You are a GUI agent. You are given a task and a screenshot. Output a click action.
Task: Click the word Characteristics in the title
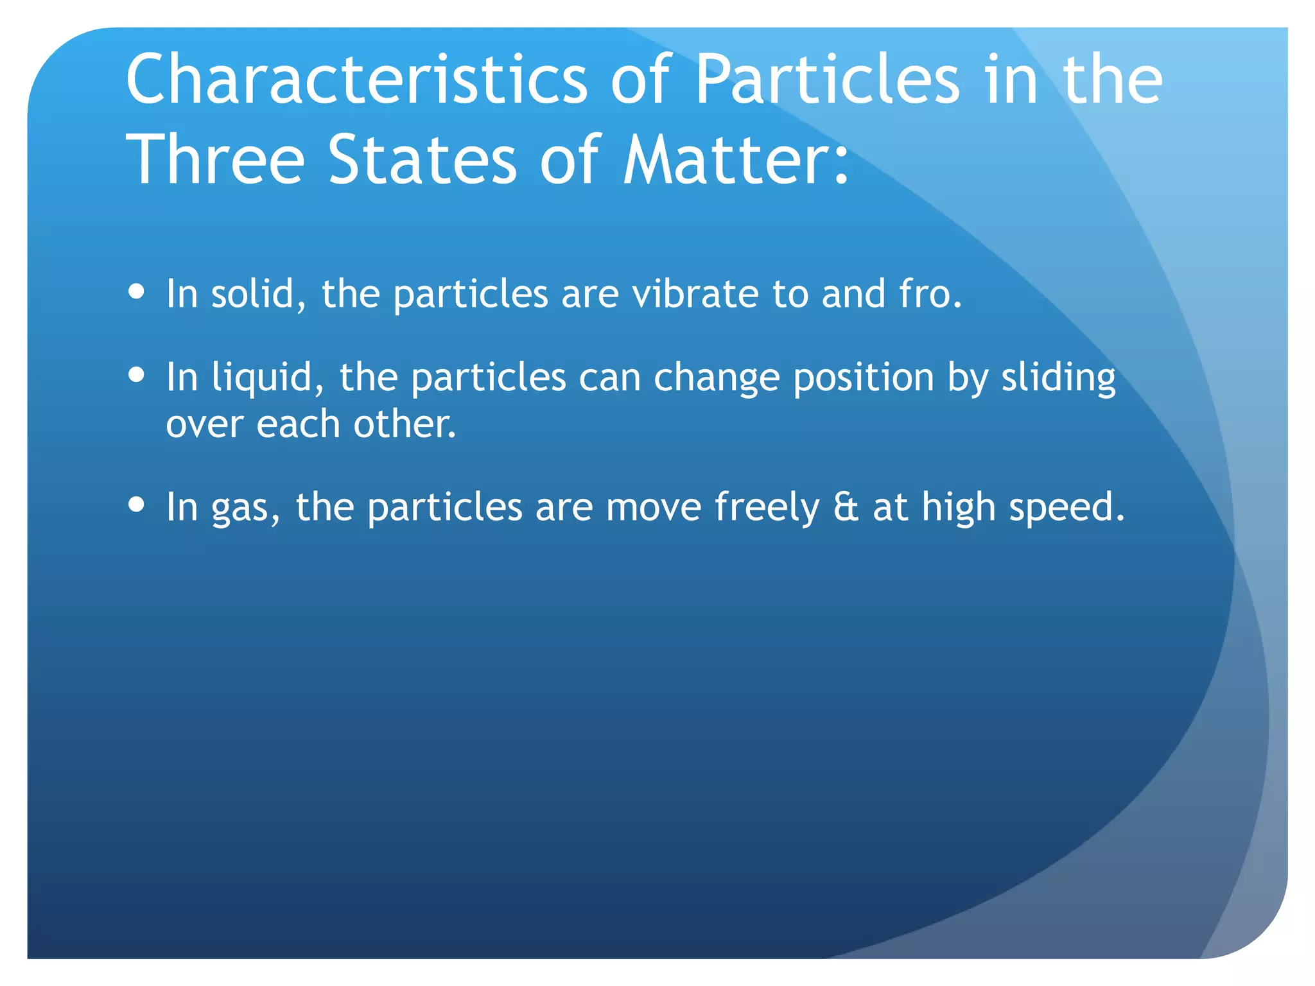356,79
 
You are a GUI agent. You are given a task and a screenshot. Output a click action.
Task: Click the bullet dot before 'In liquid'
136,374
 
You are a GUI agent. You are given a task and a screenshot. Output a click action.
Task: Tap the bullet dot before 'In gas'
136,504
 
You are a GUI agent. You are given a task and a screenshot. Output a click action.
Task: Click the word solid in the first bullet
252,294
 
